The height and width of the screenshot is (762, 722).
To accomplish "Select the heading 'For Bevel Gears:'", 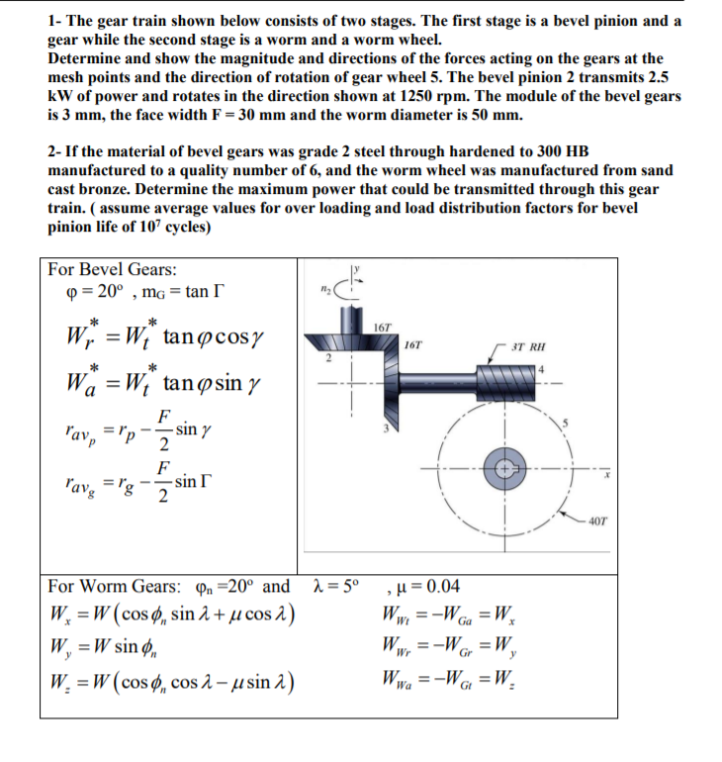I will pyautogui.click(x=100, y=269).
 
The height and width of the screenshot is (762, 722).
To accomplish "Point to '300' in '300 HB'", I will pyautogui.click(x=547, y=151).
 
